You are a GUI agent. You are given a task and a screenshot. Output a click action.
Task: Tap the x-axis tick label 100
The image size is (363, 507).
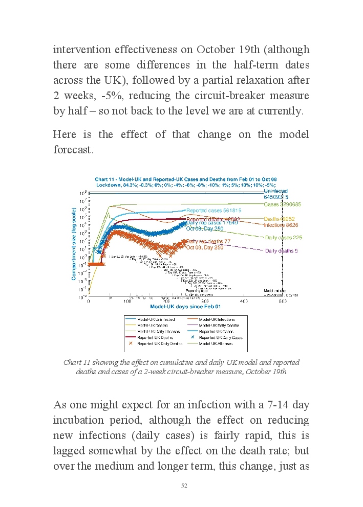127,302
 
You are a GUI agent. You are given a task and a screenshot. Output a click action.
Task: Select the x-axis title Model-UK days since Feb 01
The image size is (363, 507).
185,307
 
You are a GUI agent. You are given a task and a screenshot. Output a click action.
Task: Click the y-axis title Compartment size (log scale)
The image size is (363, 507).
74,243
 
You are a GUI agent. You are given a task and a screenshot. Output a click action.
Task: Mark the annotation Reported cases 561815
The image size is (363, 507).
213,210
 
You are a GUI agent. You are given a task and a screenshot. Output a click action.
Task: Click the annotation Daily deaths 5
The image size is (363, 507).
281,251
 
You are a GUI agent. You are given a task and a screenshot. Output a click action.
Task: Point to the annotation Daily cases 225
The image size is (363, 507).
284,238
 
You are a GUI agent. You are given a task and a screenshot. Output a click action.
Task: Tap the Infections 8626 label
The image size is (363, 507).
281,225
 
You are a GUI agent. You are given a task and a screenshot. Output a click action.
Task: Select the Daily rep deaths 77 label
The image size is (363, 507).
208,242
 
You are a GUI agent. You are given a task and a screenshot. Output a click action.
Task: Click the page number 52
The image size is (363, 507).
184,486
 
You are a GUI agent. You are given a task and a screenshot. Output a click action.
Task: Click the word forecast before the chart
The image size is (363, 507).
73,151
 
